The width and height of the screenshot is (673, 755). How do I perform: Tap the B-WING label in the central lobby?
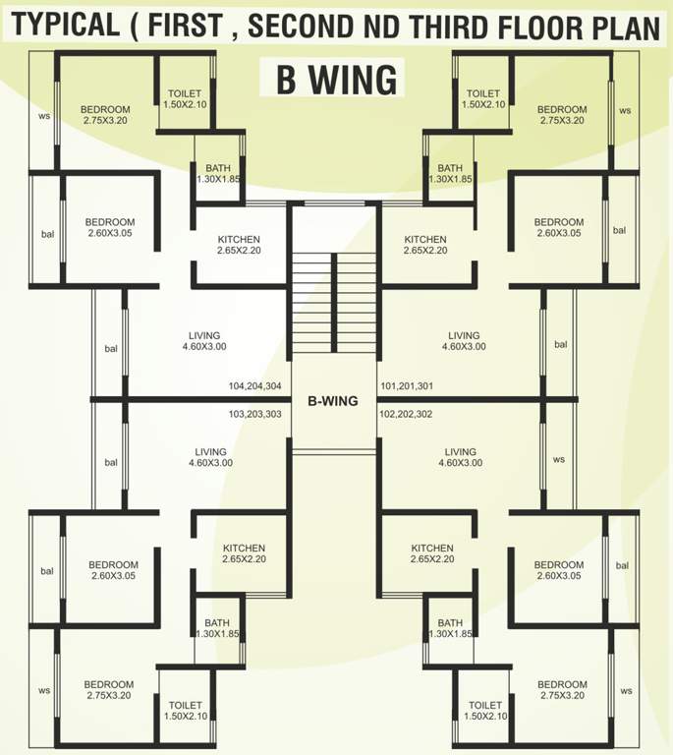pyautogui.click(x=334, y=401)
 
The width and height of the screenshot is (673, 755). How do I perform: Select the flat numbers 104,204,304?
pyautogui.click(x=254, y=386)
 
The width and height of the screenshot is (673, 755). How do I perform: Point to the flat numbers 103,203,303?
pyautogui.click(x=254, y=415)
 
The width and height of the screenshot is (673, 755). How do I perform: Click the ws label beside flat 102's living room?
pyautogui.click(x=559, y=459)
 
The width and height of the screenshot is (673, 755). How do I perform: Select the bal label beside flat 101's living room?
pyautogui.click(x=560, y=345)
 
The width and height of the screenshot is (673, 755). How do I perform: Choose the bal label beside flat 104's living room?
pyautogui.click(x=110, y=349)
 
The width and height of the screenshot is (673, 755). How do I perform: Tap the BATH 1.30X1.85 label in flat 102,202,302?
pyautogui.click(x=450, y=628)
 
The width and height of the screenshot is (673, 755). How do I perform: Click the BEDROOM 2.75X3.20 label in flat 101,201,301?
pyautogui.click(x=562, y=115)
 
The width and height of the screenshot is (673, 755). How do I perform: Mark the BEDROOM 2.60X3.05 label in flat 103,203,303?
pyautogui.click(x=113, y=571)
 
